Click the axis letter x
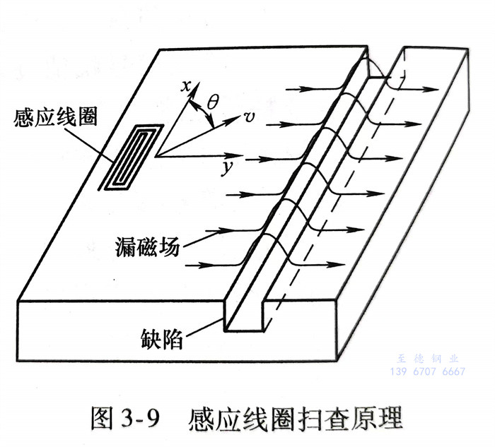tap(187, 87)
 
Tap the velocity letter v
tap(249, 117)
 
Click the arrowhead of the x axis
tap(190, 100)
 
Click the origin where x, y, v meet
tap(157, 155)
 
